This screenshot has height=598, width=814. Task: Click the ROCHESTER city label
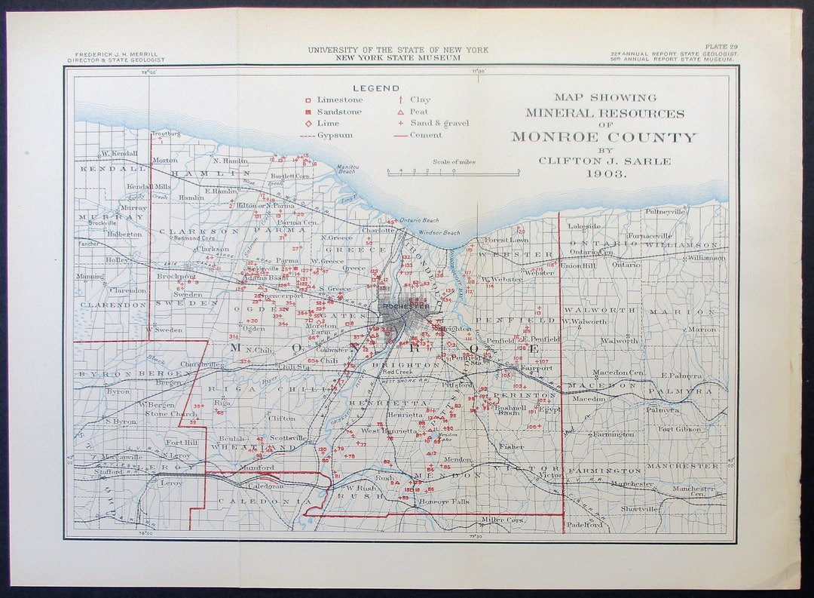(405, 306)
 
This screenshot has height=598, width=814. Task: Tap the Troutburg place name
(166, 133)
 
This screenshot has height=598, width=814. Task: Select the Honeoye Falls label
(445, 501)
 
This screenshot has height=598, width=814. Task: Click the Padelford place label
(585, 525)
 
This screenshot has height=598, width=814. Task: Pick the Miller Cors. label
(503, 520)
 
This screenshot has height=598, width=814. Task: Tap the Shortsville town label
(638, 509)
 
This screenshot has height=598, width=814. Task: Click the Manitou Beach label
(347, 169)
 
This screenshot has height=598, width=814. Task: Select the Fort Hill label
(181, 442)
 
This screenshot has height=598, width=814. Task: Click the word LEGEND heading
(376, 88)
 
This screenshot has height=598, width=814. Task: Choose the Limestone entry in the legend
(339, 100)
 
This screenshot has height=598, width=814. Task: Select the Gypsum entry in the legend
(335, 136)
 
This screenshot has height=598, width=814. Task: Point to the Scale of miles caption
(453, 161)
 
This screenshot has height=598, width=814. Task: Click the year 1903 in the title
(605, 173)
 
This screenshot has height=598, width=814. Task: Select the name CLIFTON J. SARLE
(605, 161)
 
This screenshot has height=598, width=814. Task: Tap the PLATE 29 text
(721, 47)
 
